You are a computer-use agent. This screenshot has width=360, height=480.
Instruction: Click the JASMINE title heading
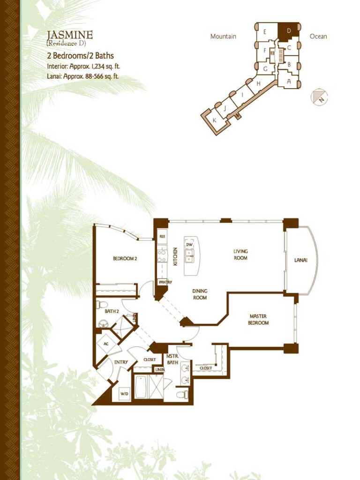coord(70,35)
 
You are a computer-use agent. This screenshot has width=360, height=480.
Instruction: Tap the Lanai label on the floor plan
coord(300,261)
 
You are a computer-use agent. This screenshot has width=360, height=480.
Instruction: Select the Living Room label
coord(240,255)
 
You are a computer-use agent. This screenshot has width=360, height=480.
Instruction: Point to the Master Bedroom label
coord(258,319)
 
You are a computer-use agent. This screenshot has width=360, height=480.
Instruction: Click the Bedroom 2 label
coord(125,258)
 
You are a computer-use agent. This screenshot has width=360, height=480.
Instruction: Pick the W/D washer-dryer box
coord(124,393)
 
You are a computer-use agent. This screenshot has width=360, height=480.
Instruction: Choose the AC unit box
coord(106,344)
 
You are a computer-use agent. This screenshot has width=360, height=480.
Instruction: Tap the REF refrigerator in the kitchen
coord(163,237)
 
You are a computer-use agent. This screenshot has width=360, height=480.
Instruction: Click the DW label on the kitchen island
coord(189,245)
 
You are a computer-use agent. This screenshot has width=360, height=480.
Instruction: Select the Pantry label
coord(165,282)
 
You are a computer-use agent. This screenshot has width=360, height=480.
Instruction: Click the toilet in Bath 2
coord(102,305)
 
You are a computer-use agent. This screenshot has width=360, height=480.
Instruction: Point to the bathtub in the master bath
coord(141,387)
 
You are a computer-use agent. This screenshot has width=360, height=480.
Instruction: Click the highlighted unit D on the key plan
coord(288,32)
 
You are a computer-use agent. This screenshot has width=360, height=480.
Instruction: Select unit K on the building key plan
coord(214,120)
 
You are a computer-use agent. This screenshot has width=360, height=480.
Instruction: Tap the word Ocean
coord(318,37)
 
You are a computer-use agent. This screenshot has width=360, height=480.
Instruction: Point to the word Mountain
coord(223,37)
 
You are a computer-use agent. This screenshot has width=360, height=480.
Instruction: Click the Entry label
coord(121,362)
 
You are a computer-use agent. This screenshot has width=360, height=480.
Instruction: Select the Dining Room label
coord(200,294)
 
